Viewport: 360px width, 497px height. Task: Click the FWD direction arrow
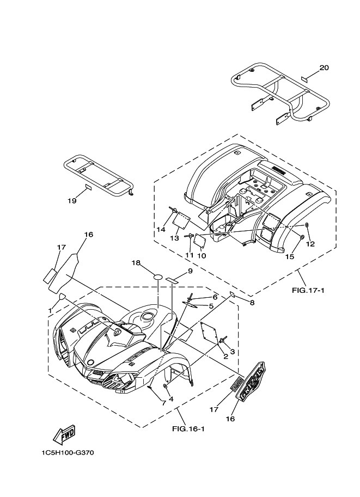pyautogui.click(x=64, y=434)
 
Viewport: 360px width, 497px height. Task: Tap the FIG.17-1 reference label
pyautogui.click(x=308, y=290)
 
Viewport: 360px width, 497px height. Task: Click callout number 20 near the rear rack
pyautogui.click(x=324, y=68)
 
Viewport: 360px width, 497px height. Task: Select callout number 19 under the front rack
pyautogui.click(x=72, y=201)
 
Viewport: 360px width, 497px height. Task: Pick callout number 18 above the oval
pyautogui.click(x=136, y=262)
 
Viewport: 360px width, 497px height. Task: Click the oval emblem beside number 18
pyautogui.click(x=158, y=277)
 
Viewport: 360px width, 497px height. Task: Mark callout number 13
pyautogui.click(x=174, y=238)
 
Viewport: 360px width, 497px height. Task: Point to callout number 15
pyautogui.click(x=289, y=256)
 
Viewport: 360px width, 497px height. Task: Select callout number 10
pyautogui.click(x=201, y=255)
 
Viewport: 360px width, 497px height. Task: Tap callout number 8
pyautogui.click(x=251, y=302)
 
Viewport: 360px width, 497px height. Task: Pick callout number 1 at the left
pyautogui.click(x=50, y=310)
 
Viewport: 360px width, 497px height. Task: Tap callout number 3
pyautogui.click(x=232, y=352)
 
